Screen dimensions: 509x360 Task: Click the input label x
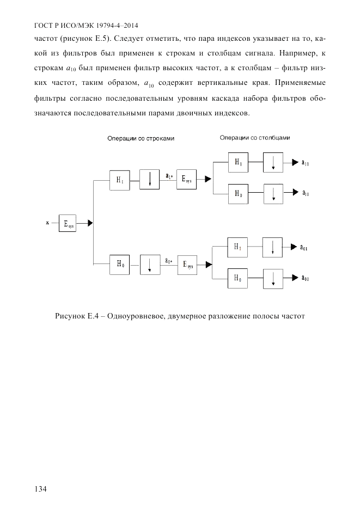(47, 223)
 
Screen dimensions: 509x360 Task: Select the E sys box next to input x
(68, 223)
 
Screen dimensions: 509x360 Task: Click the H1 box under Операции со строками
(120, 181)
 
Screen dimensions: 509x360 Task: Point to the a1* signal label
(169, 176)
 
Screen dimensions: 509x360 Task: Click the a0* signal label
(169, 260)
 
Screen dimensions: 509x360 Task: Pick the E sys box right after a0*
(187, 265)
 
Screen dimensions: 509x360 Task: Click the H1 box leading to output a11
(238, 162)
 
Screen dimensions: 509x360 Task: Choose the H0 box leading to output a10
(238, 193)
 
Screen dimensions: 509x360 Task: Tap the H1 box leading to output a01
(238, 247)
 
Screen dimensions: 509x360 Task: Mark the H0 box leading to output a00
(238, 278)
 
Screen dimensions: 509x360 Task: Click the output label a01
(304, 247)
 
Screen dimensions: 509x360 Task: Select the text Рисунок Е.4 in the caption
(76, 316)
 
